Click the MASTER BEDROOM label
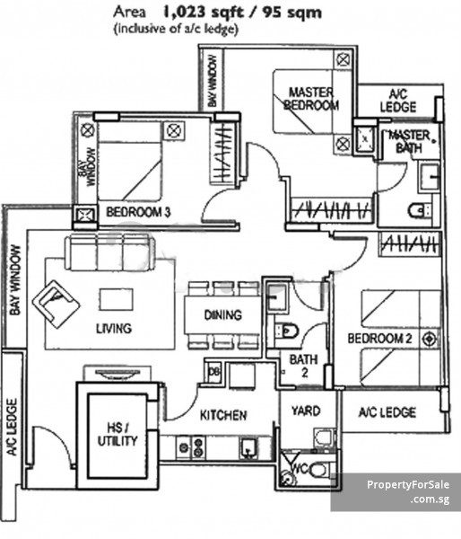tap(311, 99)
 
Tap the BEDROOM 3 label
tap(138, 212)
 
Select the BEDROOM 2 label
tap(379, 339)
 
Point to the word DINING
tap(222, 315)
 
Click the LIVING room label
tap(114, 328)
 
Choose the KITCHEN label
tap(223, 415)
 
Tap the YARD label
tap(306, 411)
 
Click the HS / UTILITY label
tap(117, 434)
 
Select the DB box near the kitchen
tap(214, 372)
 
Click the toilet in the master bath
tap(419, 210)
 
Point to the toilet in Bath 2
tap(287, 331)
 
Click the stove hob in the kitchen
tap(192, 446)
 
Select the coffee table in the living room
tap(117, 299)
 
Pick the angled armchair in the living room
tap(56, 304)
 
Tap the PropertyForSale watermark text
tap(408, 485)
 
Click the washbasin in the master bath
tap(429, 177)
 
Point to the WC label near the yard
tap(300, 468)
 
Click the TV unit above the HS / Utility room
tap(117, 374)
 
